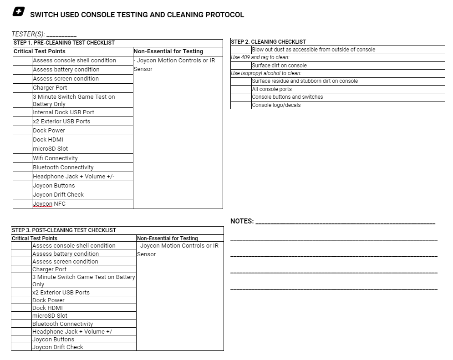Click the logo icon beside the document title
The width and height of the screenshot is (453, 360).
coord(19,12)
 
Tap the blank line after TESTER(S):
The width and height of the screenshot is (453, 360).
coord(61,35)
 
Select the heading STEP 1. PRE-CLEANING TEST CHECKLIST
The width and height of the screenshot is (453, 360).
coord(64,43)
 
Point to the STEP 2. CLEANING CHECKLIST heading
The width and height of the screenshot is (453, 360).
coord(269,42)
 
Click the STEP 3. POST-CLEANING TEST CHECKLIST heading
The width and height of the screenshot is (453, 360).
coord(64,230)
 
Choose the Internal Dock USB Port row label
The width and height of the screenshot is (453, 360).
coord(63,112)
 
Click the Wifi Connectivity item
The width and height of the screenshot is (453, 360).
coord(55,158)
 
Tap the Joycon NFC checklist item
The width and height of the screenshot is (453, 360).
coord(49,204)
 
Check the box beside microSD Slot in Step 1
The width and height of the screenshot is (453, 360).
coord(22,149)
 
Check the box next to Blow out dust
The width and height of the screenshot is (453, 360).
coord(241,50)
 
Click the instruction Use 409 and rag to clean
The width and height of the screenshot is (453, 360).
coord(260,57)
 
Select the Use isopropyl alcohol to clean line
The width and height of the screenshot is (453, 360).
coord(266,73)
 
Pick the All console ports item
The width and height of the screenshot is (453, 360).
coord(272,89)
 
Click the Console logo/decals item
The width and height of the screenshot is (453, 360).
coord(276,105)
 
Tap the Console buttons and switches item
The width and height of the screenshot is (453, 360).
coord(287,97)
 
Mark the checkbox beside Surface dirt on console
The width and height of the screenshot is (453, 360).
coord(241,66)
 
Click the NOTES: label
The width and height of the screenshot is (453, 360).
coord(242,221)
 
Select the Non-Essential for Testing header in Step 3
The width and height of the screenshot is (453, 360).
coord(167,238)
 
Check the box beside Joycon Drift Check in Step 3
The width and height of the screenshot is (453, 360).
coord(21,347)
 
